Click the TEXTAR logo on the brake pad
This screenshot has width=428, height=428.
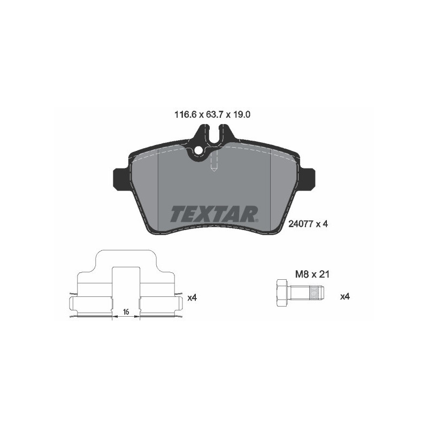214,213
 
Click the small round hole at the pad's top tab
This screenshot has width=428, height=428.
199,150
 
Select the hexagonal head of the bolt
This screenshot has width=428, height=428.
281,293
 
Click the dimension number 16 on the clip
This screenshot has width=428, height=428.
126,311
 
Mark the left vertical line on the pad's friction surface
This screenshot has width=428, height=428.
160,187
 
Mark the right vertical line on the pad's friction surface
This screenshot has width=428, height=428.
272,187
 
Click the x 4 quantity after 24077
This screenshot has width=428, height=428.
321,225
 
